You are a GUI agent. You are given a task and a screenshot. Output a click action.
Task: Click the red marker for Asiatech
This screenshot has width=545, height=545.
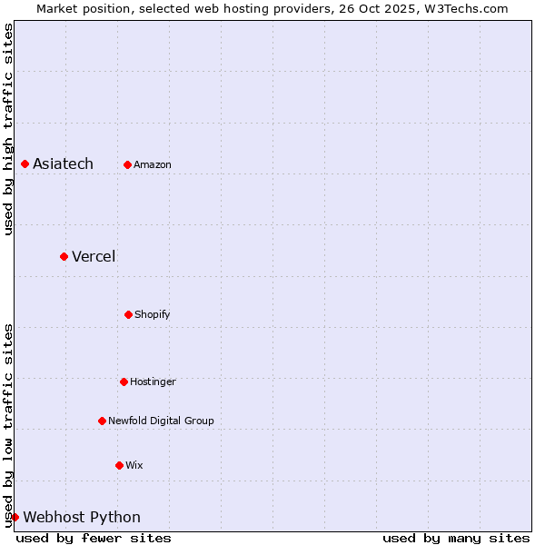[x=25, y=163]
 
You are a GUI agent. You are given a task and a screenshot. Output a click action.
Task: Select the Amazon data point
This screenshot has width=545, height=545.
[x=127, y=164]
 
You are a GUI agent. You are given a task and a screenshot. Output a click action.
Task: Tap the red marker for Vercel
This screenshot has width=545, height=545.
[x=64, y=256]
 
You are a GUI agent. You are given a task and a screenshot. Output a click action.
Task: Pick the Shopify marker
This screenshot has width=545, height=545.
[x=128, y=314]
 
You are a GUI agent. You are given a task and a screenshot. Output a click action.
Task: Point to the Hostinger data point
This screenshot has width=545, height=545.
[x=124, y=381]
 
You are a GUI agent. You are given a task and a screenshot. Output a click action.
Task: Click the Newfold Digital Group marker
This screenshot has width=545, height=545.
[x=102, y=421]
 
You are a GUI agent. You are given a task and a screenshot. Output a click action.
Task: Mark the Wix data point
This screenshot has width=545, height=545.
[x=119, y=465]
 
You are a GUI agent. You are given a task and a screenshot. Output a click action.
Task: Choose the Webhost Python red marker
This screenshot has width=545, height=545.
[x=15, y=517]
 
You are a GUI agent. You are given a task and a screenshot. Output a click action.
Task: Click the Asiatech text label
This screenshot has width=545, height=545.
[x=63, y=163]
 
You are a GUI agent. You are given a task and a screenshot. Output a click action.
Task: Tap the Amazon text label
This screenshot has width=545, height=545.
[x=153, y=164]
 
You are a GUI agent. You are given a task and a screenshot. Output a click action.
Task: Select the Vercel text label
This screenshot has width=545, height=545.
[x=94, y=256]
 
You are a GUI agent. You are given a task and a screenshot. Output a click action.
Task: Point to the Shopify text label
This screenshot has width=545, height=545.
[x=153, y=314]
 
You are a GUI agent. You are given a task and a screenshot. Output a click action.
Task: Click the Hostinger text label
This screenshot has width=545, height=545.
[x=153, y=381]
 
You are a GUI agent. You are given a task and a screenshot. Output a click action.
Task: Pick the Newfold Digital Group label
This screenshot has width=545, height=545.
[x=161, y=421]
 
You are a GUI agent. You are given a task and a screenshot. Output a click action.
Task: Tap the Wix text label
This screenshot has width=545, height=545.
[x=134, y=465]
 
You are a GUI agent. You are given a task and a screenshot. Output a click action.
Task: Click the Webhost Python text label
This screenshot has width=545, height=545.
[x=82, y=517]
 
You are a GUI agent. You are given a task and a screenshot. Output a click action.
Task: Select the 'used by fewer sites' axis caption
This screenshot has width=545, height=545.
[x=94, y=538]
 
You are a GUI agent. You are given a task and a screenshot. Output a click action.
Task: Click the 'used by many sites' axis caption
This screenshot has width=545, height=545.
[x=456, y=538]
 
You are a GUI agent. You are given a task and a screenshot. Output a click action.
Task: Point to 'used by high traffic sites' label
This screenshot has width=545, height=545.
[x=8, y=129]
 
